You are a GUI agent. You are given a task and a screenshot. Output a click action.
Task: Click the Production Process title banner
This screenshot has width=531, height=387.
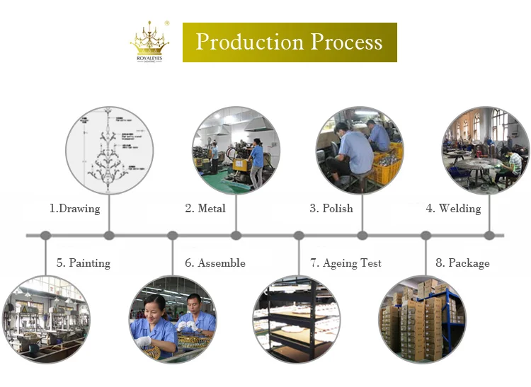point(290,42)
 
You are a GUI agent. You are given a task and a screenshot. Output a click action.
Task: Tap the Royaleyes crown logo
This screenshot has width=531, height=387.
point(149,42)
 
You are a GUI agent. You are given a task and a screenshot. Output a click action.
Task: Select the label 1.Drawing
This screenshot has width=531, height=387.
point(74,209)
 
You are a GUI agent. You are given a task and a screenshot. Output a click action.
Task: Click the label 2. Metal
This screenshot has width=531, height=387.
point(205,209)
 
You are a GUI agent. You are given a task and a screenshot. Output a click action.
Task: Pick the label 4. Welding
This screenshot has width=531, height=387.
point(453,209)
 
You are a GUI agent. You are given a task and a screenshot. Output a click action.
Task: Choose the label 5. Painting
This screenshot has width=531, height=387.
point(84,263)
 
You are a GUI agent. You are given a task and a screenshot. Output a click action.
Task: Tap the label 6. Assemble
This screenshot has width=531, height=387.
point(215,263)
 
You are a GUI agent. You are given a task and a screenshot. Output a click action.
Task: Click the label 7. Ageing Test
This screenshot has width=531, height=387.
point(346,263)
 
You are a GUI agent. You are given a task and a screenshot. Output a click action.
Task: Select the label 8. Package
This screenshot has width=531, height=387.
point(462,263)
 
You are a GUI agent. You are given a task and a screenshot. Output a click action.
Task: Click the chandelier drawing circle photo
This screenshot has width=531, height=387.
point(109,150)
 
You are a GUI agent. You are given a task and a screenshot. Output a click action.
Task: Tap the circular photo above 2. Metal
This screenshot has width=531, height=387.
point(236,150)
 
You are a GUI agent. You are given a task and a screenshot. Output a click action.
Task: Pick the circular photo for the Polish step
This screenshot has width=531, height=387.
point(360,150)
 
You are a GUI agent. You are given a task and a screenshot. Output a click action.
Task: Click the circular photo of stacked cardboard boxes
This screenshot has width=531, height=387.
point(423,319)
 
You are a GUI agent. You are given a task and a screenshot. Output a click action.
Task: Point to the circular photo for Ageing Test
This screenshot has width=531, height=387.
point(297,319)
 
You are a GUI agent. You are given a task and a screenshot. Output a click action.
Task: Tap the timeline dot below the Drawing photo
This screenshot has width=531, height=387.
point(109,236)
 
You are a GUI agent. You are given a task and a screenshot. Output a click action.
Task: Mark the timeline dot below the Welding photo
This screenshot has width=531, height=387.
point(489,236)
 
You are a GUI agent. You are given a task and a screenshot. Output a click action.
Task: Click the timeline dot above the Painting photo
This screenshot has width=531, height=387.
point(45,236)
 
